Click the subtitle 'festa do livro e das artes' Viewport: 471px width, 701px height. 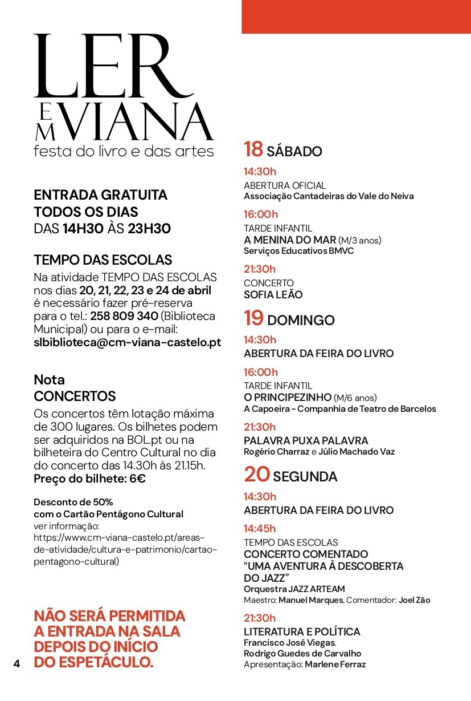pyautogui.click(x=124, y=152)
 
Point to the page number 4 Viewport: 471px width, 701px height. pyautogui.click(x=17, y=663)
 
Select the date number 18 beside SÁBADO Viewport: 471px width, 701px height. pyautogui.click(x=253, y=149)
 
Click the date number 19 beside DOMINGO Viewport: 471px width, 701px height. pyautogui.click(x=253, y=318)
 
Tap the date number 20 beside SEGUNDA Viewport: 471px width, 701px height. pyautogui.click(x=257, y=475)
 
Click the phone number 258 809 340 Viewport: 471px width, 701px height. pyautogui.click(x=124, y=315)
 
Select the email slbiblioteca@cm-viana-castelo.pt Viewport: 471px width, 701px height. pyautogui.click(x=128, y=343)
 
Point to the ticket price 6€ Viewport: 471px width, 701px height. pyautogui.click(x=137, y=479)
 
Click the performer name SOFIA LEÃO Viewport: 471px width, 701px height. pyautogui.click(x=273, y=295)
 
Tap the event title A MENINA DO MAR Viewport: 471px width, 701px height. pyautogui.click(x=289, y=240)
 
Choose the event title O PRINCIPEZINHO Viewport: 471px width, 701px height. pyautogui.click(x=287, y=397)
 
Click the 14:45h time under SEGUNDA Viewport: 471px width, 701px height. pyautogui.click(x=260, y=528)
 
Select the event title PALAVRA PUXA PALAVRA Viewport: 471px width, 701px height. pyautogui.click(x=306, y=440)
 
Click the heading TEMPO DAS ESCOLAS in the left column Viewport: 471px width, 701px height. pyautogui.click(x=103, y=260)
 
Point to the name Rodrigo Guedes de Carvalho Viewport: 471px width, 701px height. pyautogui.click(x=302, y=654)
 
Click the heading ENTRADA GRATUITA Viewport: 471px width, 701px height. pyautogui.click(x=101, y=195)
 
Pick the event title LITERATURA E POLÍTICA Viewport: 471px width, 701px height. pyautogui.click(x=302, y=631)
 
